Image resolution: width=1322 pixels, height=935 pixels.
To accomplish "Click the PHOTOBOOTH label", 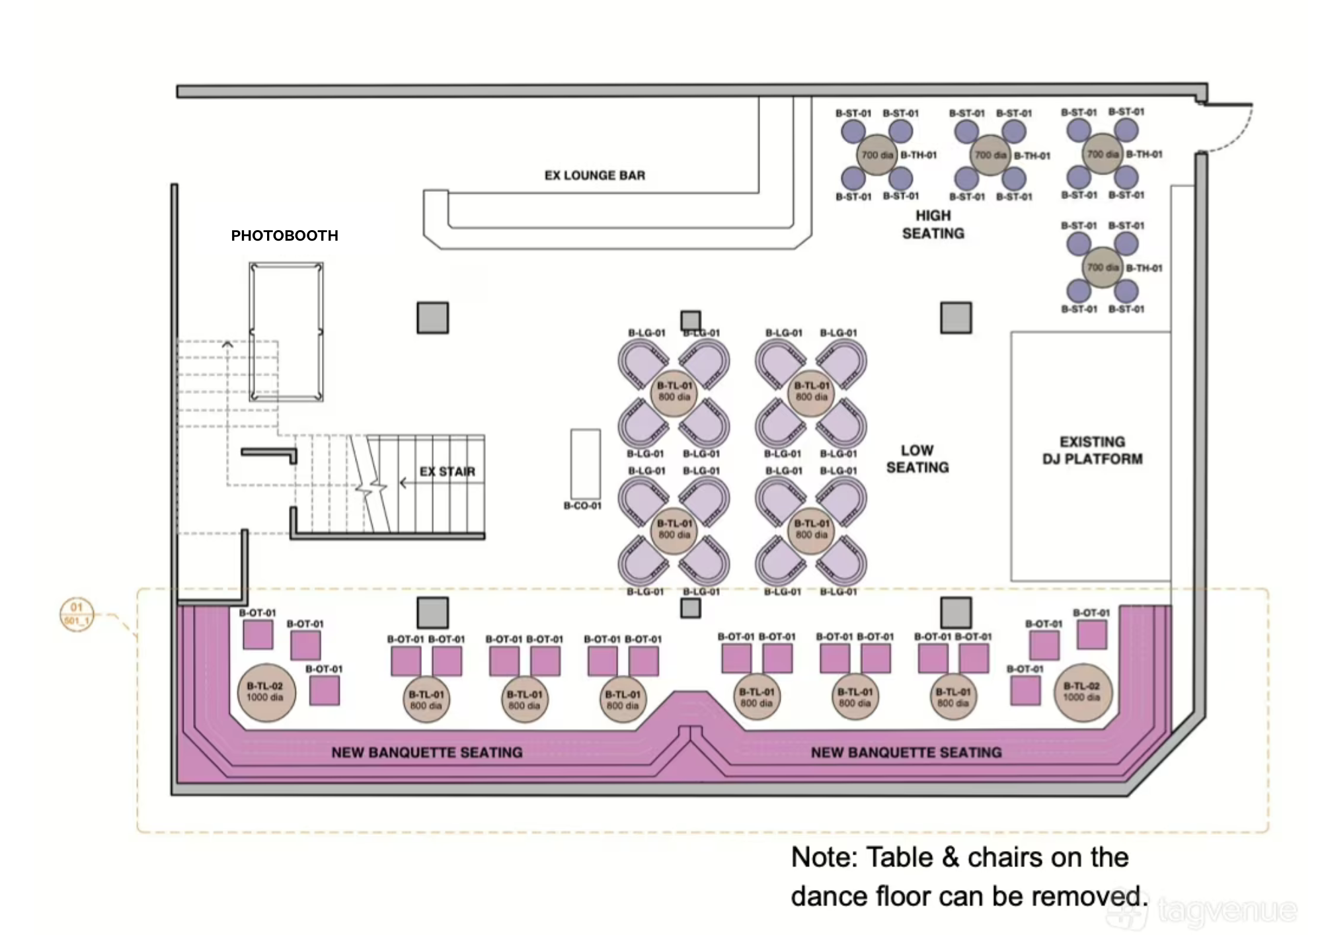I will [284, 235].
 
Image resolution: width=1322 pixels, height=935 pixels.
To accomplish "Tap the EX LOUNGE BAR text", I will [594, 175].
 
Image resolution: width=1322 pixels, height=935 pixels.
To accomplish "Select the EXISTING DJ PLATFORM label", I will [1092, 450].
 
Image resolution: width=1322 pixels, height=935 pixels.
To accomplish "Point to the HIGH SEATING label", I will [933, 224].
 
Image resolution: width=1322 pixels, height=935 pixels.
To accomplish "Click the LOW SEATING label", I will [917, 459].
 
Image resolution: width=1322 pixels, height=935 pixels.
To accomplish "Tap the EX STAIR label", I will [447, 471].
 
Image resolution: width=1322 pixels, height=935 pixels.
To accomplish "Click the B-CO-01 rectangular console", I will [586, 464].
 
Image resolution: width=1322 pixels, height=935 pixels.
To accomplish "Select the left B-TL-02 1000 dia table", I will [266, 692].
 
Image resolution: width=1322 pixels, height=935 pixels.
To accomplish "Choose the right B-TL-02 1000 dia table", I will [1082, 692].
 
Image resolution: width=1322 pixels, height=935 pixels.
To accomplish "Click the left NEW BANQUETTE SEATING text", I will [426, 752].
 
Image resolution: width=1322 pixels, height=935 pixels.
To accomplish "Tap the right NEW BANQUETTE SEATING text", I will [906, 752].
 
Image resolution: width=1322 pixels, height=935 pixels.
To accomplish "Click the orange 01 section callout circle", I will [77, 614].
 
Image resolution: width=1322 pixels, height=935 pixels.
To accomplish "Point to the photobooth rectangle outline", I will [286, 331].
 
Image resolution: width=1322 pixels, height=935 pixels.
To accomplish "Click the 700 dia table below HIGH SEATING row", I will [1102, 267].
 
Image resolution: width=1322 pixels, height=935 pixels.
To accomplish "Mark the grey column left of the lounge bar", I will [432, 317].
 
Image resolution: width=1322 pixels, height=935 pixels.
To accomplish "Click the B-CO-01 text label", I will [582, 506].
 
